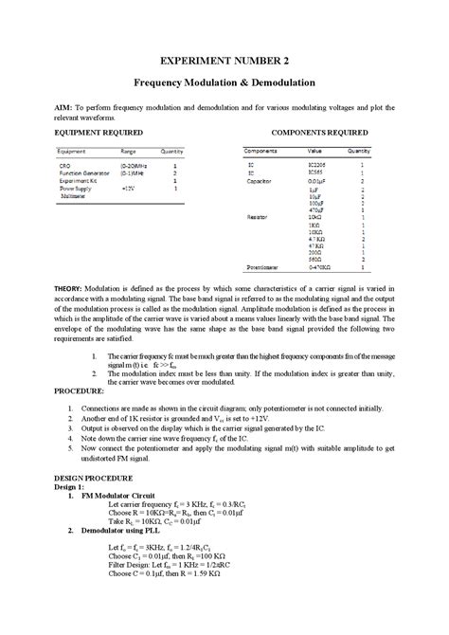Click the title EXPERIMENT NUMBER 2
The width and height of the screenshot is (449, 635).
pos(224,60)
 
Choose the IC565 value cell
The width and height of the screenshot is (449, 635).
pos(314,173)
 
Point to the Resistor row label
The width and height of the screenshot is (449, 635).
pos(258,218)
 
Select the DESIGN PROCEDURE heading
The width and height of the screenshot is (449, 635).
pos(93,478)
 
